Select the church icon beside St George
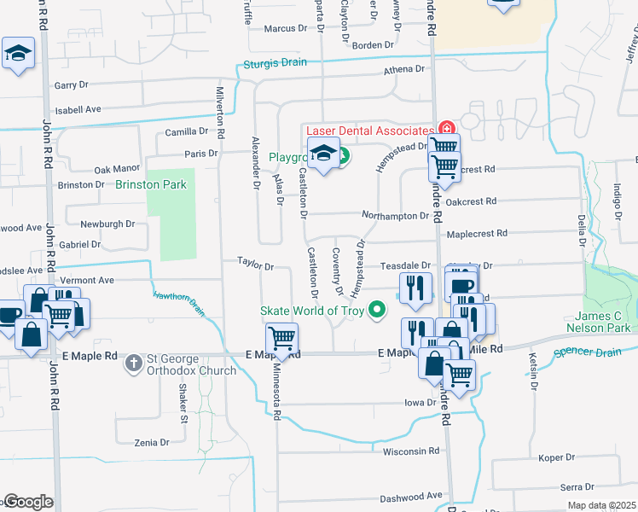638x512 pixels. coord(133,364)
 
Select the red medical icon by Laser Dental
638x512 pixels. coord(444,128)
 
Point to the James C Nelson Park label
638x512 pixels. coord(600,322)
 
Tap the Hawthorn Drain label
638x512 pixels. coord(179,303)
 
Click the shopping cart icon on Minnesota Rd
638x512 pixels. coord(281,338)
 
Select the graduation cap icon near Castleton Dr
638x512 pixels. coord(324,154)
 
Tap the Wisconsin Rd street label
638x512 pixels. coord(411,451)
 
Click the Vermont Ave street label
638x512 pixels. coord(86,280)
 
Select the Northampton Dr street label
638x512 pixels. coord(394,216)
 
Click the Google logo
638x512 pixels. coord(27,502)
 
